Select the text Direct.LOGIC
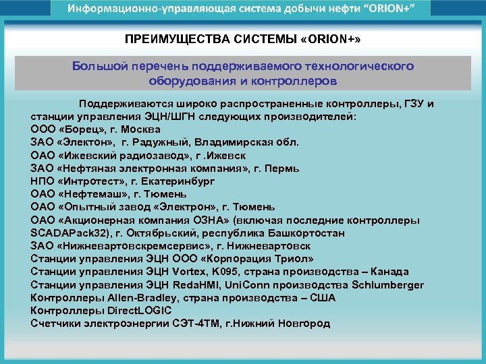pyautogui.click(x=139, y=311)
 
